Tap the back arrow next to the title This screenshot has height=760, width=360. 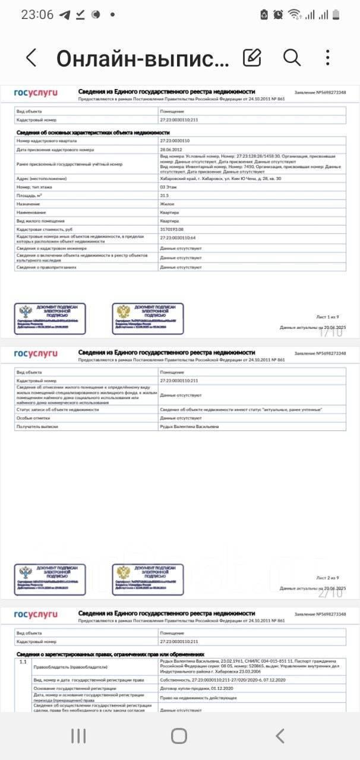point(31,58)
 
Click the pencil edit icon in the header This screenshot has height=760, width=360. point(252,57)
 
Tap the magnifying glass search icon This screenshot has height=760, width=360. point(292,57)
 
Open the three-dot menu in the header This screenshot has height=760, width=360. point(328,57)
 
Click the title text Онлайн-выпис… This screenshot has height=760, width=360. point(143,58)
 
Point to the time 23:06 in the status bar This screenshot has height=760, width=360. point(37,15)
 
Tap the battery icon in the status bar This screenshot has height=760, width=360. point(336,15)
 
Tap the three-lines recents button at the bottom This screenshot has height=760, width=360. point(78,736)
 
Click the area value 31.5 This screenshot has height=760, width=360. point(165,195)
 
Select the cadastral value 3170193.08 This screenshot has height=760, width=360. point(172,229)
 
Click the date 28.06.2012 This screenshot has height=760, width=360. point(171,150)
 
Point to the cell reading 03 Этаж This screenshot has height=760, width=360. point(169,186)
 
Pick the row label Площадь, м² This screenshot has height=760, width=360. point(30,195)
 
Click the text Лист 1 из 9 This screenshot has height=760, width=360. point(326,318)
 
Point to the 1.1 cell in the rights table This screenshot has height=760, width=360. point(23,661)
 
